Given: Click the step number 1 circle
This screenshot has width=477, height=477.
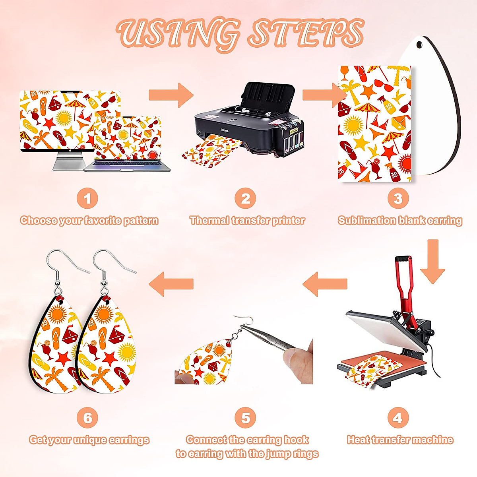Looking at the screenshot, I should coord(87,198).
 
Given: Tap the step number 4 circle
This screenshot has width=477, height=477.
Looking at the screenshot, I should coord(397,418).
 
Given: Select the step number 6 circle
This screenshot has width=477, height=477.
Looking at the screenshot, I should coord(87,418).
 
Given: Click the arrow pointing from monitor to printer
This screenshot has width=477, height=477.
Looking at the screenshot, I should coord(171,95).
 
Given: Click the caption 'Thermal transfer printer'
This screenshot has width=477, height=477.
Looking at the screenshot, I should coord(247,221).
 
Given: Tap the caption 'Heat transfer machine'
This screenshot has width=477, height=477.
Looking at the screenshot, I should coord(400,440).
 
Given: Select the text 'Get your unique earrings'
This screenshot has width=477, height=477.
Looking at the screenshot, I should coord(89,440).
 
